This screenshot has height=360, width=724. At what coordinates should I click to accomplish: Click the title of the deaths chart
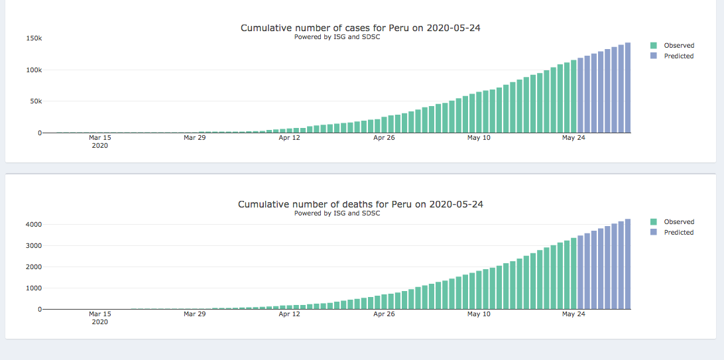point(361,204)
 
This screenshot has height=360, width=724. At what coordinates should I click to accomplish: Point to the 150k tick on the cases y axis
point(34,38)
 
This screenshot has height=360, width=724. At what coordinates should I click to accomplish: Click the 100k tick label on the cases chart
point(34,70)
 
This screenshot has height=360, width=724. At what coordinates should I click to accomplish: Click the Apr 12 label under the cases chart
point(290,138)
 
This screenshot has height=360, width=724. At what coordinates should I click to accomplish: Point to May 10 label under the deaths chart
point(479,314)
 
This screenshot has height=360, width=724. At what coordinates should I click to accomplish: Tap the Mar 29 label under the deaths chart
point(195,314)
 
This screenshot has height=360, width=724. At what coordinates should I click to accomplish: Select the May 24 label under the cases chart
point(573,138)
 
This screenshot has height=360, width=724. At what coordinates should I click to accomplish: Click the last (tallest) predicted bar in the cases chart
point(627,88)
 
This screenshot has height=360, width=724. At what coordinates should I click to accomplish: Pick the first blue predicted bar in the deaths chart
point(580,272)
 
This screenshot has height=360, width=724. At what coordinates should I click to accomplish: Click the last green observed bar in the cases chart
point(573,96)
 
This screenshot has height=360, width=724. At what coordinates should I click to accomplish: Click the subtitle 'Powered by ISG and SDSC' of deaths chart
point(337,213)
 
